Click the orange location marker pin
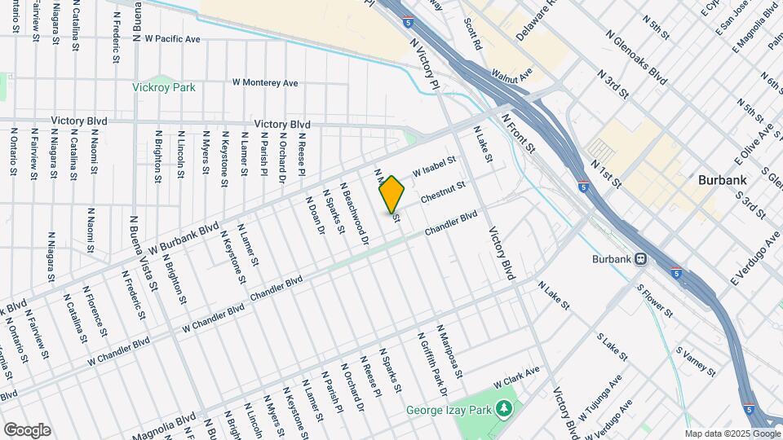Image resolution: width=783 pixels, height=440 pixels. (392, 194)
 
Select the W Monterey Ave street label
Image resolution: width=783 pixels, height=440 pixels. (265, 82)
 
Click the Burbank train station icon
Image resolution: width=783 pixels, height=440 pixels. (641, 259)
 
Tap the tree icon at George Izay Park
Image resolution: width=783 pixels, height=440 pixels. (504, 406)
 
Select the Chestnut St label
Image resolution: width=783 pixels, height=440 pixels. (443, 192)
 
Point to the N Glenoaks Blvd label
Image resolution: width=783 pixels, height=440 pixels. (637, 59)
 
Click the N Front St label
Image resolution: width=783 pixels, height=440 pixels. (518, 134)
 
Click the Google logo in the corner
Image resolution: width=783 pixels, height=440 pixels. (26, 429)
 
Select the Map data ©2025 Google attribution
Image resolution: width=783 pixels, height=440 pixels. (732, 433)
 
